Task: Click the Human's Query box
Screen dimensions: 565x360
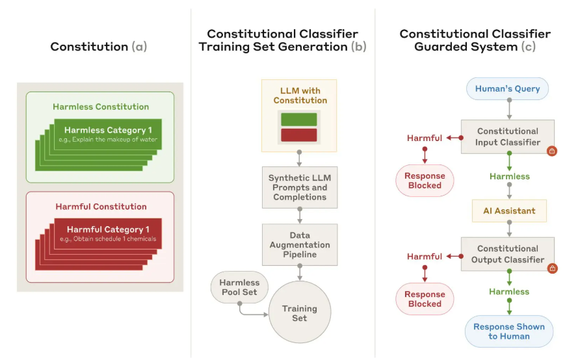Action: tap(507, 88)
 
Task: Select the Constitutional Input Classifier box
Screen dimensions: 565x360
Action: tap(507, 137)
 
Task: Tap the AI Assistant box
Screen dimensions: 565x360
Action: tap(509, 211)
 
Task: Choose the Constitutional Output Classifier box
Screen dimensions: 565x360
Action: tap(507, 254)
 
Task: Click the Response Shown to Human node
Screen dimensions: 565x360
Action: tap(509, 331)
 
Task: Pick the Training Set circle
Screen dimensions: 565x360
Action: tap(300, 312)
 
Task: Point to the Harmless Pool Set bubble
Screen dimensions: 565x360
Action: tap(239, 287)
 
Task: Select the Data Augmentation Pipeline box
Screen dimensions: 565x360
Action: tap(300, 245)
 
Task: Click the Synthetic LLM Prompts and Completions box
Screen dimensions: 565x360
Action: tap(300, 187)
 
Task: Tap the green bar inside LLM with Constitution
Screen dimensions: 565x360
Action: tap(299, 120)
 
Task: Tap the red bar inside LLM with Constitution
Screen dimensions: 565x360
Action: tap(299, 135)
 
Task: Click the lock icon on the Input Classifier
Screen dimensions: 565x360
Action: tap(551, 151)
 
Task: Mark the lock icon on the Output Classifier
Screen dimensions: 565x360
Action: tap(552, 268)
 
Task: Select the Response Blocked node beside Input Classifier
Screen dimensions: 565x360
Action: tap(425, 181)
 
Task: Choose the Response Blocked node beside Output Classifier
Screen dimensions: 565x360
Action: tap(425, 299)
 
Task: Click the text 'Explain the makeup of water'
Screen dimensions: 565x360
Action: tap(114, 140)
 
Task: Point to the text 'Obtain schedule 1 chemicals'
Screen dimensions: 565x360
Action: tap(114, 239)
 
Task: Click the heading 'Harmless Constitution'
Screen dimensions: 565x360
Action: tap(101, 107)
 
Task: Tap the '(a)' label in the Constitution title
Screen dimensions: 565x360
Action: tap(139, 46)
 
